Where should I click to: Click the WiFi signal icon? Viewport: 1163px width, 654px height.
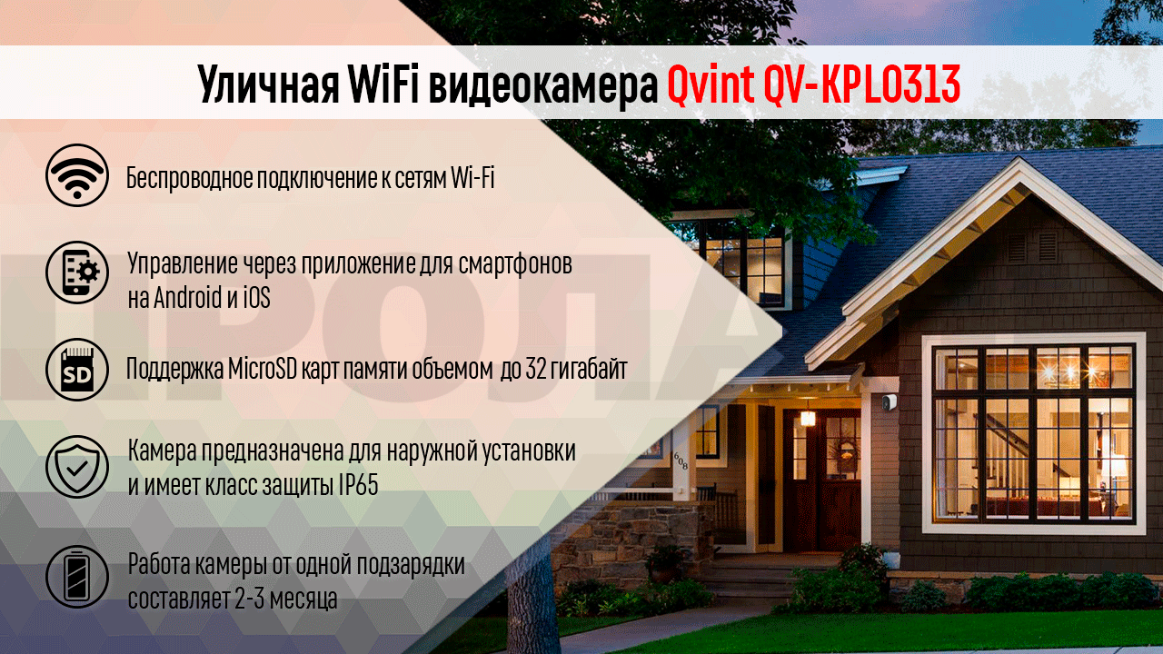76,176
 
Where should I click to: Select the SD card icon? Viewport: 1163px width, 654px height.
76,370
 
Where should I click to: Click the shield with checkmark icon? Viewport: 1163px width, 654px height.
76,467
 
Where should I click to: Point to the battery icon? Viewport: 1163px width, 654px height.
76,576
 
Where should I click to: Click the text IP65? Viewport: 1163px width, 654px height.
358,485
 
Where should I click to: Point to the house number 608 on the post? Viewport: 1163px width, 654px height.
681,461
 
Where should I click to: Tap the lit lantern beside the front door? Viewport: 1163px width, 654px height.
807,418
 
